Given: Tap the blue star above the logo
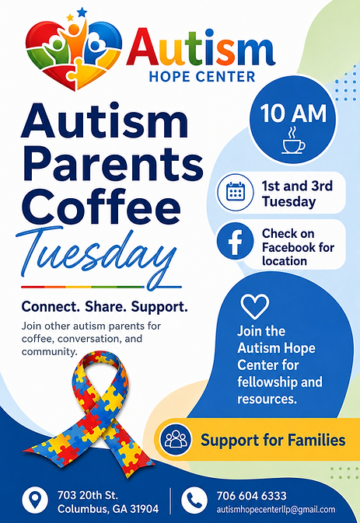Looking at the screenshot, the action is [x=82, y=12].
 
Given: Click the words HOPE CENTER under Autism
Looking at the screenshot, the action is [x=202, y=77].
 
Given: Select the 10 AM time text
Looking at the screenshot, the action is [x=293, y=113].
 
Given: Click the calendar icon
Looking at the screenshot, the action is [x=236, y=193].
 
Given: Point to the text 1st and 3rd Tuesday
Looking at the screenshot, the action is [x=297, y=194].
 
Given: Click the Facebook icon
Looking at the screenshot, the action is [x=236, y=241].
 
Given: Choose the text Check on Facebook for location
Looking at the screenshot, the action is [x=298, y=247].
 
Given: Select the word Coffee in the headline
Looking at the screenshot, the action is [x=103, y=207].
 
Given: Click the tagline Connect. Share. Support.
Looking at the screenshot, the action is [x=104, y=306].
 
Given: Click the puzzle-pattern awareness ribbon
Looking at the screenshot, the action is [x=90, y=413].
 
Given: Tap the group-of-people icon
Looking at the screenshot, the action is [x=176, y=439].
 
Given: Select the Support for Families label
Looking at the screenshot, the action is [x=273, y=440].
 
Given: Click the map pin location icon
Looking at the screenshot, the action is [x=35, y=500].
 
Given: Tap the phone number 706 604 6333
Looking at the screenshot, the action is [x=252, y=496].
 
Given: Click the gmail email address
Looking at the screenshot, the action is [x=276, y=510].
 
